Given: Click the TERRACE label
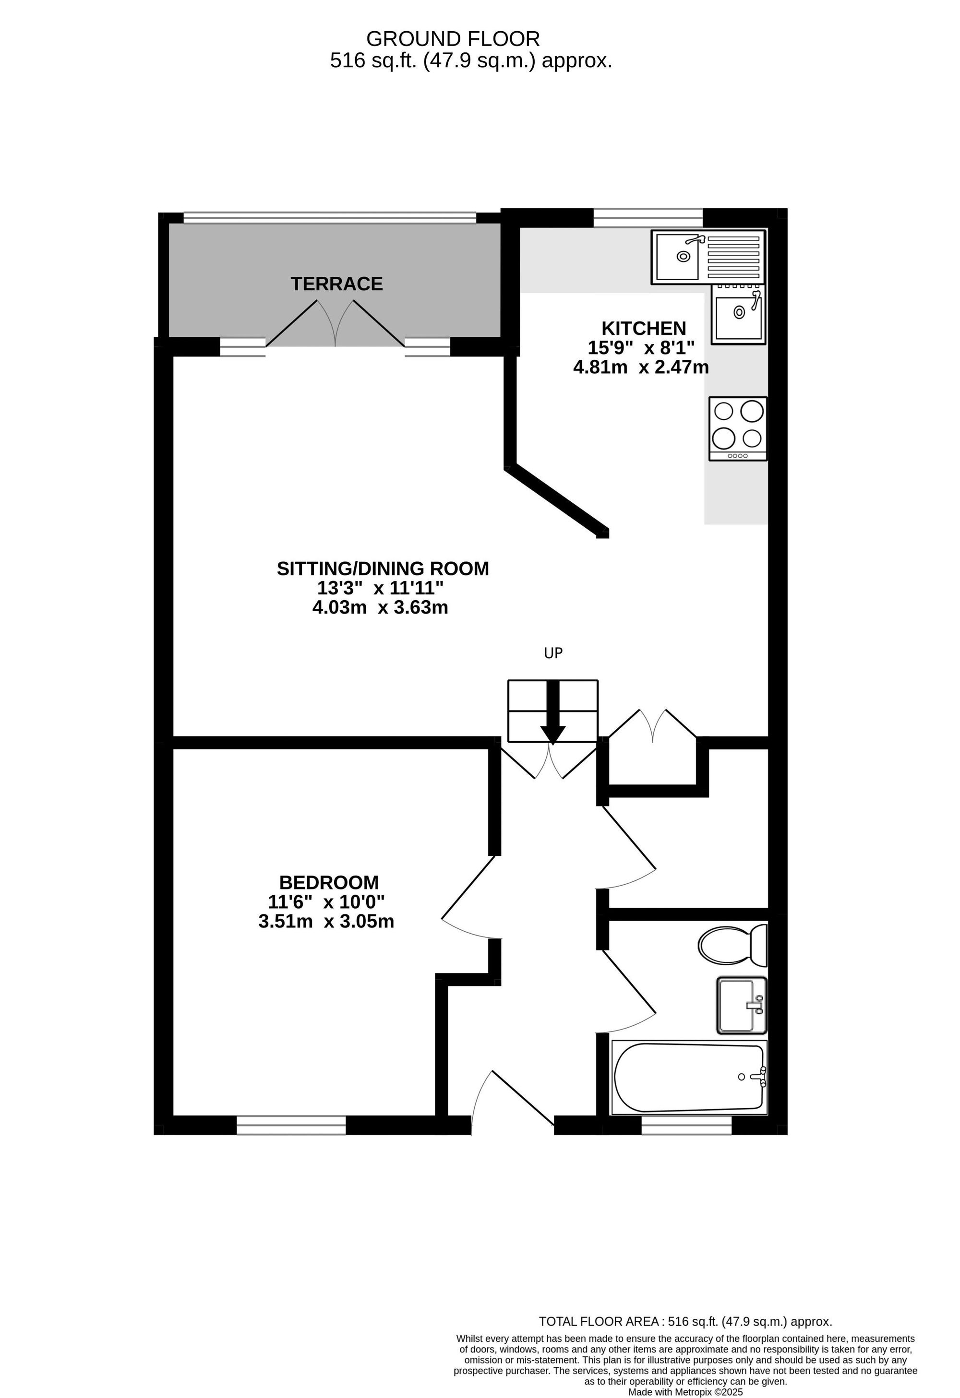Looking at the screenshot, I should (336, 284).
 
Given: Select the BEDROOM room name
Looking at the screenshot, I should (329, 882).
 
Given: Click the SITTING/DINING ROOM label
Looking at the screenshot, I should (383, 569).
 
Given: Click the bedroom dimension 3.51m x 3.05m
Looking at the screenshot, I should (326, 921).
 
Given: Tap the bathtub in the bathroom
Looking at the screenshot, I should (689, 1078).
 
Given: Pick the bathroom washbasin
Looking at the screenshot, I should (741, 1005).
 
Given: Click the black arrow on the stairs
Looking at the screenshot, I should (552, 712).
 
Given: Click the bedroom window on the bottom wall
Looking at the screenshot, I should (291, 1125).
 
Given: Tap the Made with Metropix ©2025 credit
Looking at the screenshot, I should (685, 1392).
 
